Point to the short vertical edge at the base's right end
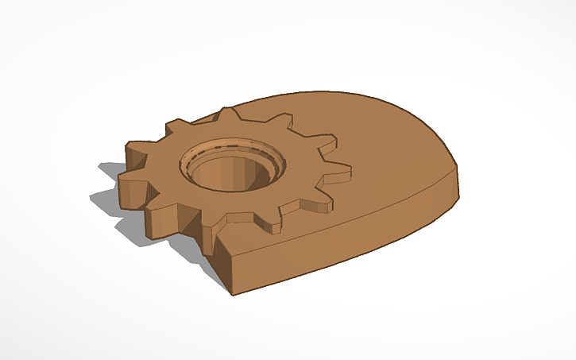click(x=458, y=180)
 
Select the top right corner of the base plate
click(x=458, y=166)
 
